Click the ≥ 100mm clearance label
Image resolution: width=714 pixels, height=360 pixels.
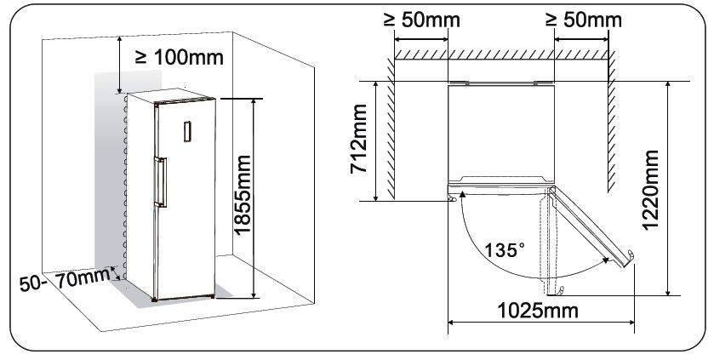coord(180,58)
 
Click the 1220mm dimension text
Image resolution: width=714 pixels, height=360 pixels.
coord(650,187)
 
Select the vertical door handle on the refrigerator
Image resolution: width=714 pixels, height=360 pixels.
coord(157,181)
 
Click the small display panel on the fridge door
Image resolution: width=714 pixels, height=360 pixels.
coord(187,131)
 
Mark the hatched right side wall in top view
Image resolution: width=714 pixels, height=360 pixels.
coord(611,128)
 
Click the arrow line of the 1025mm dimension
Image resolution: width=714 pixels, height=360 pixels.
coord(539,322)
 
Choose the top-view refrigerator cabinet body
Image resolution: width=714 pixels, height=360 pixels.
coord(500,132)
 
